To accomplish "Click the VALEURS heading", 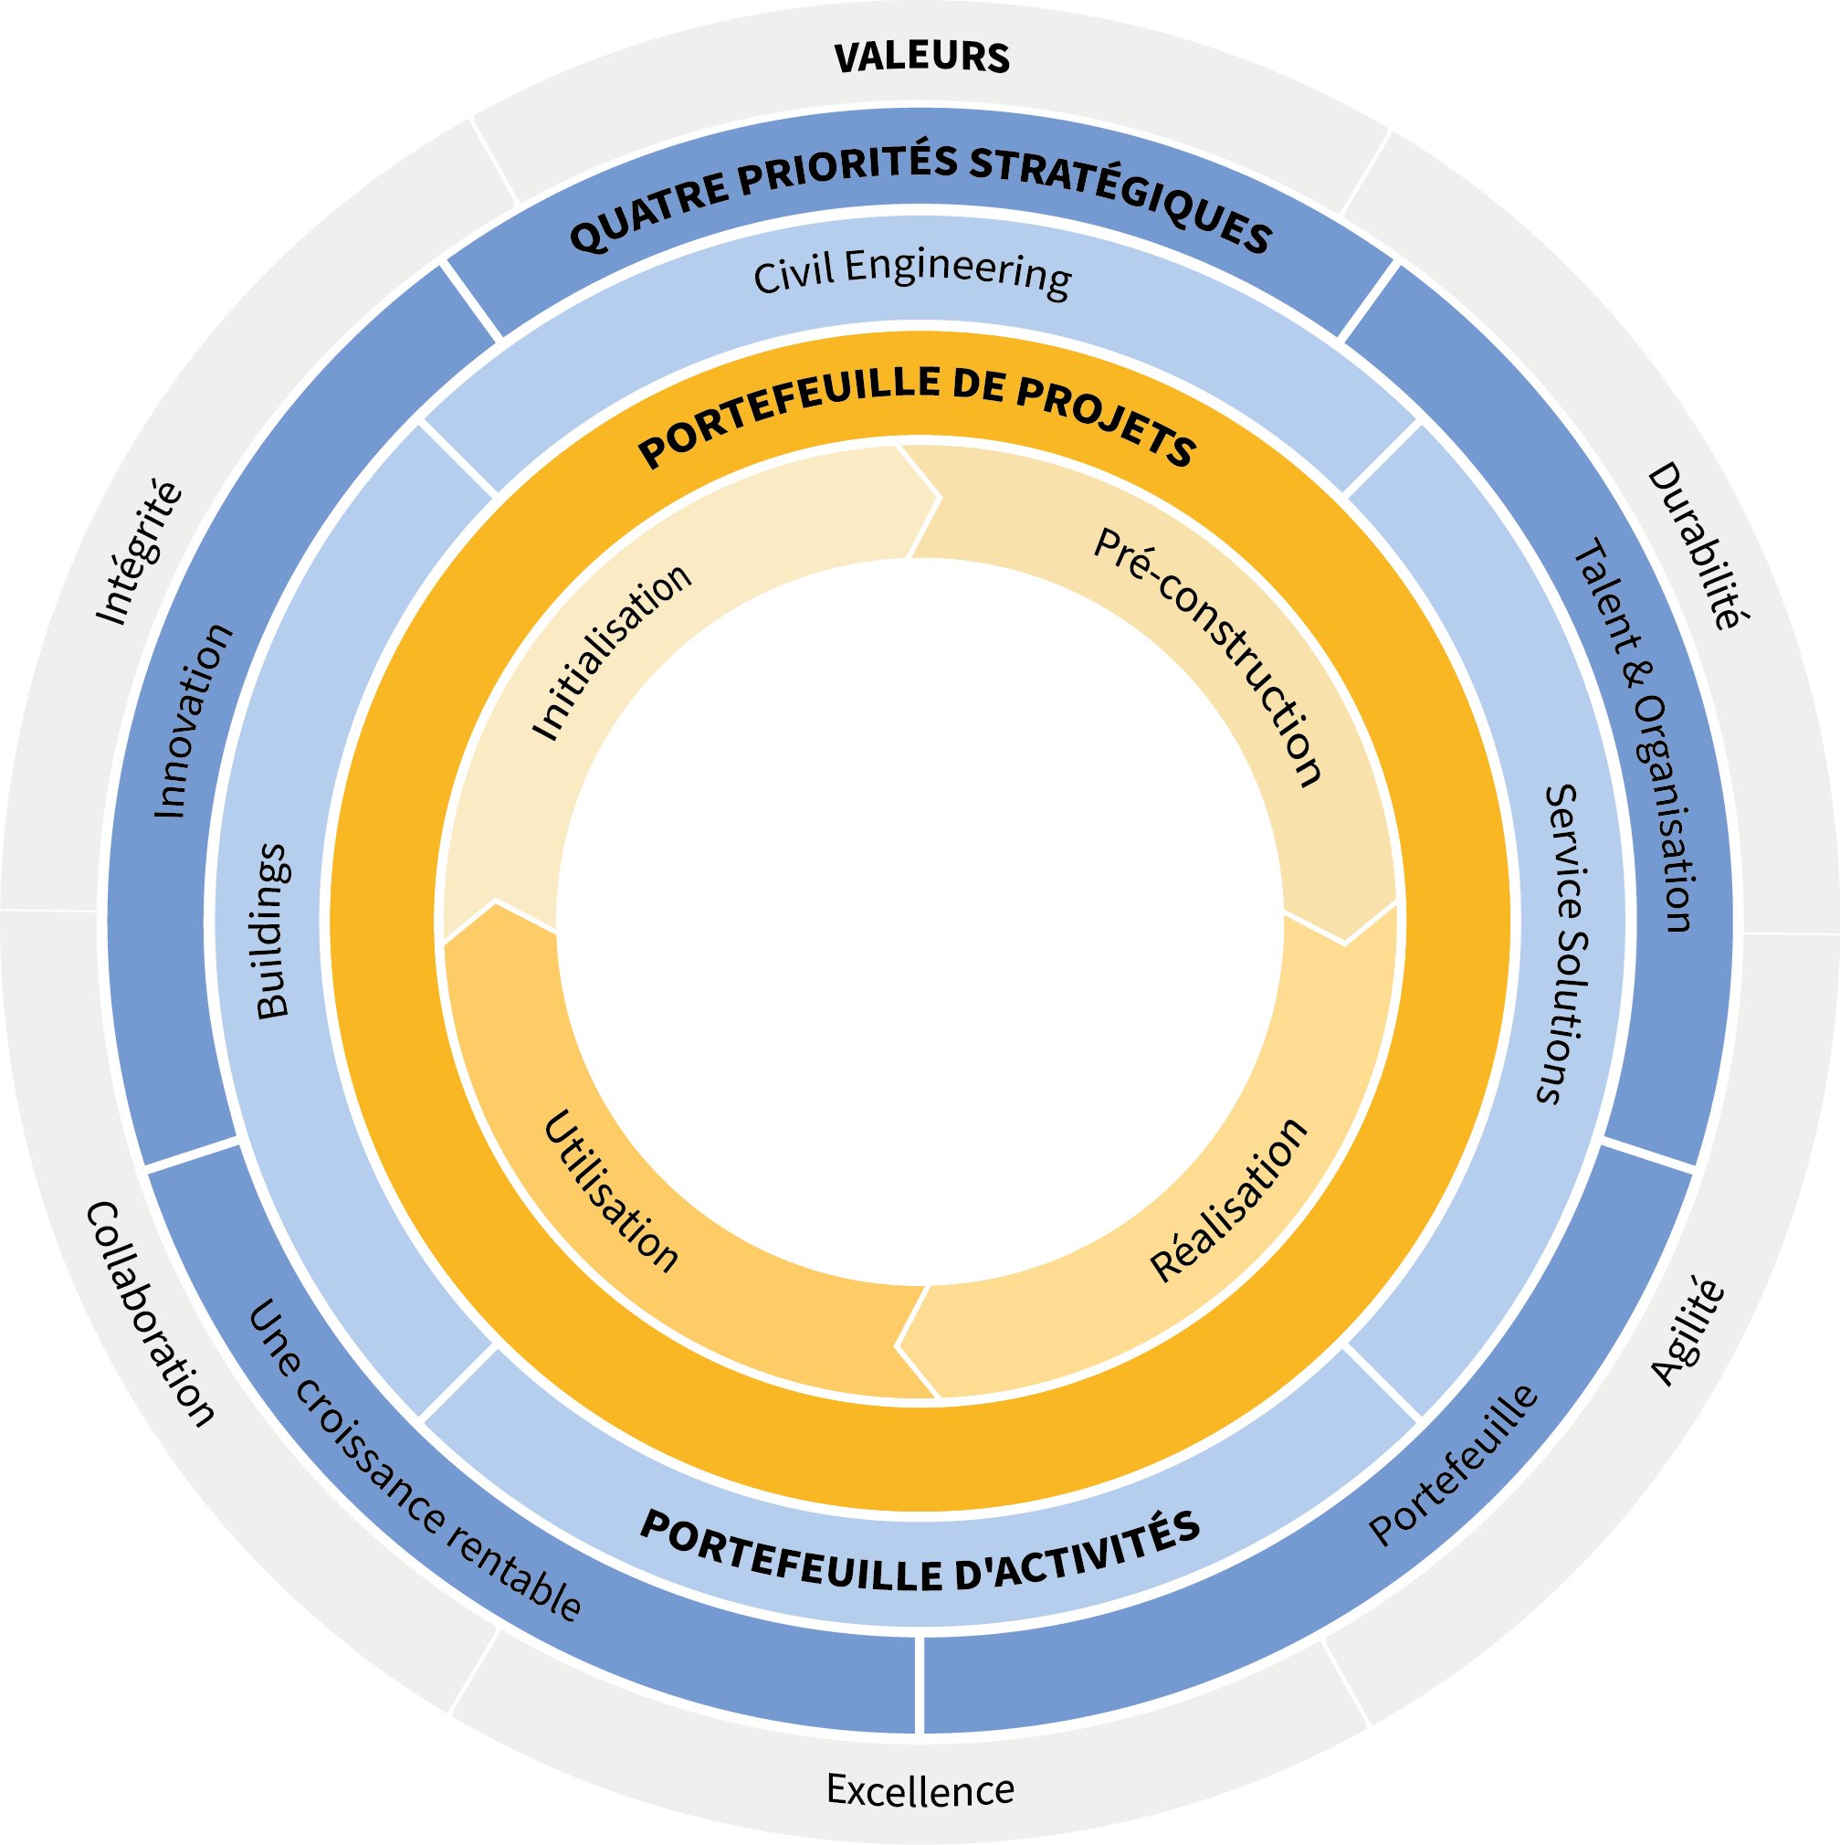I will [921, 58].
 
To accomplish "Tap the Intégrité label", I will [140, 553].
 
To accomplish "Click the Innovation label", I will [194, 721].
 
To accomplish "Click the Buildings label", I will [273, 931].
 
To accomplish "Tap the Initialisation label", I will [611, 651].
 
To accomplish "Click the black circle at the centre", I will [920, 922].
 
